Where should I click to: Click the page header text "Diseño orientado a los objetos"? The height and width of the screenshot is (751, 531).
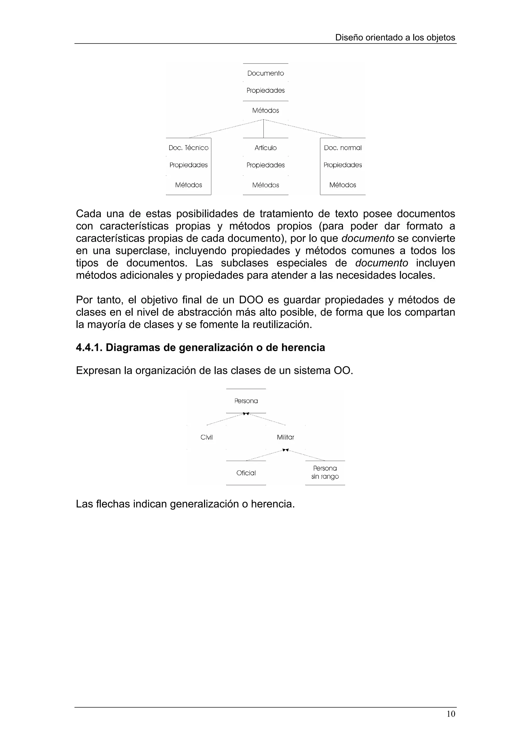click(395, 38)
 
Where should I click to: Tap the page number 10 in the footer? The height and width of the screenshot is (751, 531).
click(451, 714)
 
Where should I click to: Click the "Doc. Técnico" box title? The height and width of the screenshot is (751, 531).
click(188, 148)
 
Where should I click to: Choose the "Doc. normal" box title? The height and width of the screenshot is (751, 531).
click(343, 148)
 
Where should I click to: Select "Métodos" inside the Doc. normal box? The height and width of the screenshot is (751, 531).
click(343, 185)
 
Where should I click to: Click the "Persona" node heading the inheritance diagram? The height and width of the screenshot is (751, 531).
click(246, 401)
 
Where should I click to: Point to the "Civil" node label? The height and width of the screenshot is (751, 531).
click(206, 437)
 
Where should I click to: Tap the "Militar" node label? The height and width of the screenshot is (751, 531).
click(285, 437)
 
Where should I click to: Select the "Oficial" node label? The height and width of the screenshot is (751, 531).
click(246, 473)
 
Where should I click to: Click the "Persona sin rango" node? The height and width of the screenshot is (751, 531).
click(325, 473)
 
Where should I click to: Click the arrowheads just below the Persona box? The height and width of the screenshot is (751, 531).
click(246, 414)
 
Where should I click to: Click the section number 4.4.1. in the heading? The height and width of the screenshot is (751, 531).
click(89, 347)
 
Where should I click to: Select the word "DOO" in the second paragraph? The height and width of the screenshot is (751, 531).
click(251, 300)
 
